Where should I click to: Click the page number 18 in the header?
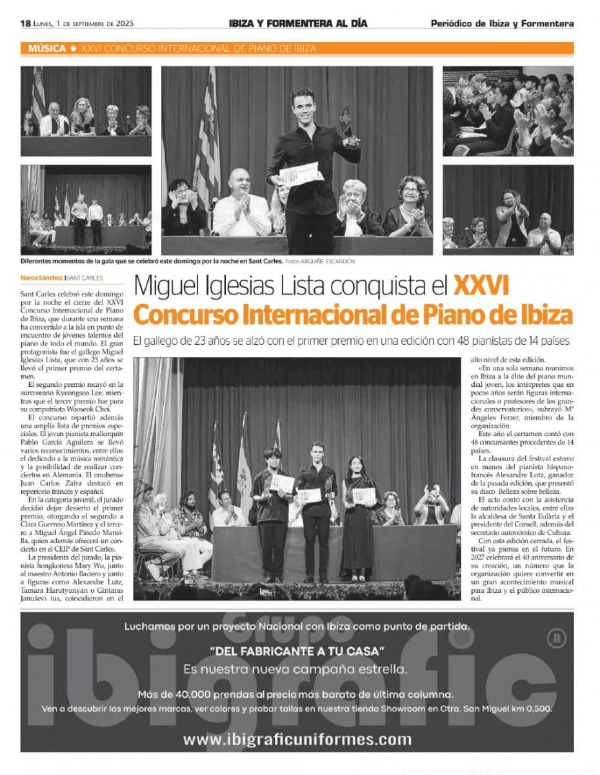(26, 23)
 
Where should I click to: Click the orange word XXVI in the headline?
(481, 285)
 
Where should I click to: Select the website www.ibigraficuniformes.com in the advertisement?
(297, 739)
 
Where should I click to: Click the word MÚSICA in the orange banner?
(46, 48)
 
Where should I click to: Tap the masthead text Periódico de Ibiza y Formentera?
(502, 24)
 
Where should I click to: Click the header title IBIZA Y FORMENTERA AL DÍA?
(298, 23)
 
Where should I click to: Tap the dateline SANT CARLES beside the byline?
(86, 278)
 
